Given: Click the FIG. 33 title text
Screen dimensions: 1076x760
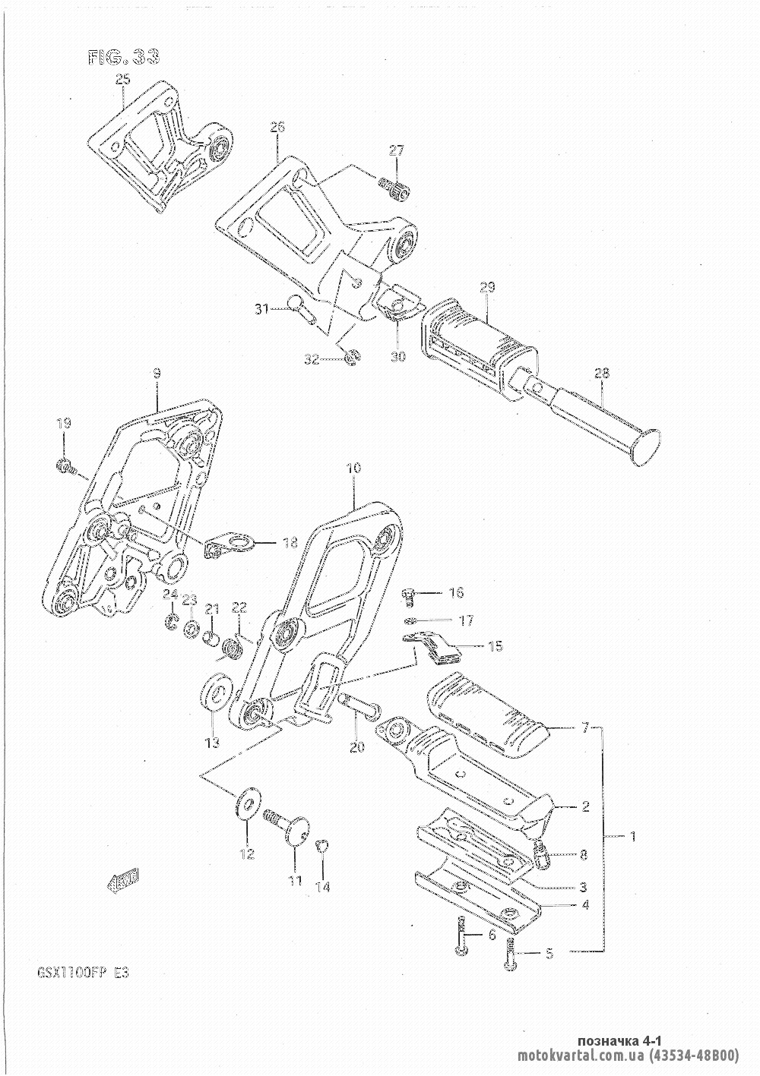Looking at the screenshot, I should [x=125, y=58].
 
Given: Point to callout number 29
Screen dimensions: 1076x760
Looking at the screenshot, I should [x=487, y=287].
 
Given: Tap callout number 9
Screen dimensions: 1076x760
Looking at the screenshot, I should [x=156, y=374].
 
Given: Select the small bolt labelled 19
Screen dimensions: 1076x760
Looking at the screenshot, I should [x=65, y=466].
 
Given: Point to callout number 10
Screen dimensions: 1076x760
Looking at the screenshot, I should [x=354, y=469].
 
